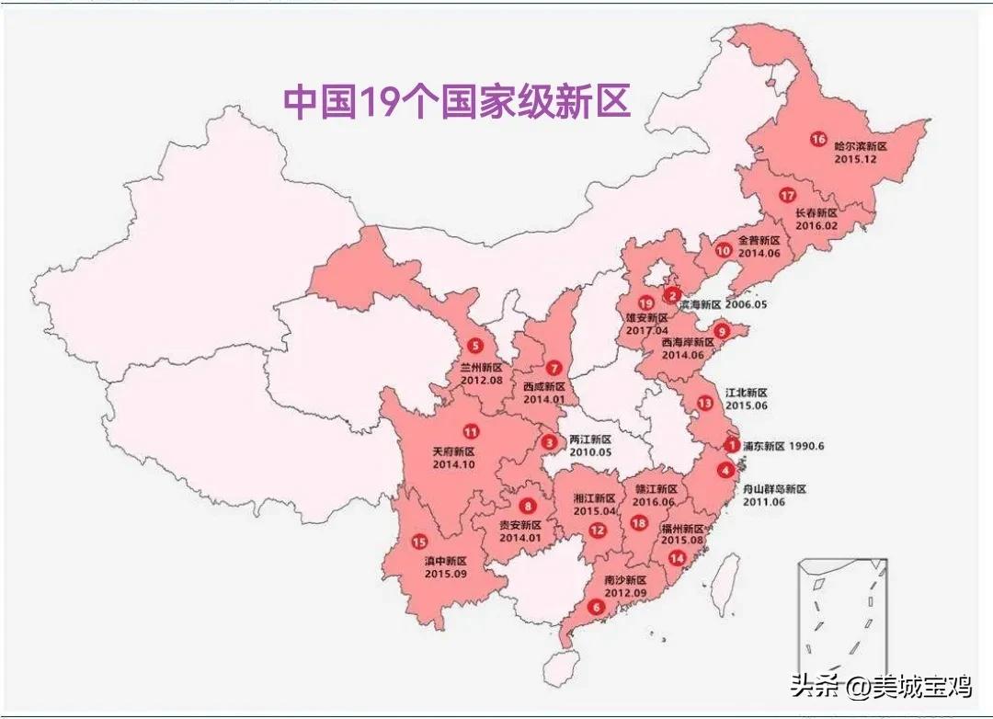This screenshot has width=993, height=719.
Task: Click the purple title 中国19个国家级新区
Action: (457, 102)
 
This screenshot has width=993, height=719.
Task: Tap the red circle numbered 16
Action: (818, 140)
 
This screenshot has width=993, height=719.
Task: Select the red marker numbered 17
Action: (786, 195)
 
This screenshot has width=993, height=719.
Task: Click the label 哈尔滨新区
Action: (860, 146)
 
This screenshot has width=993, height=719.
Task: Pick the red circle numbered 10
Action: (724, 249)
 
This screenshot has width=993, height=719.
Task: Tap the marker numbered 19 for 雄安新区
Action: (646, 303)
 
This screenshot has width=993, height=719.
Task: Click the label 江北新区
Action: (748, 392)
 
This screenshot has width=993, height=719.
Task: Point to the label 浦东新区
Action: (764, 446)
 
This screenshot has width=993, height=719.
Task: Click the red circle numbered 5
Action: (474, 346)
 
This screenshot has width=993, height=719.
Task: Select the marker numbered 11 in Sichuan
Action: (471, 431)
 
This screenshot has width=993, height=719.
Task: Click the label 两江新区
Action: (590, 439)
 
